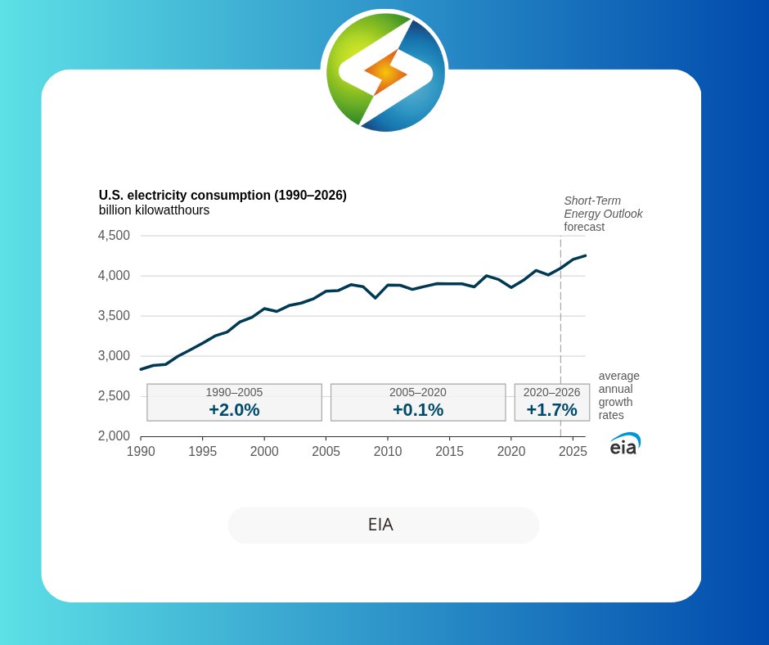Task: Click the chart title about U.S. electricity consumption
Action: (x=223, y=196)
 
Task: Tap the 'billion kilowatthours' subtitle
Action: (x=154, y=210)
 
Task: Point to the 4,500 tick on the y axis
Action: (x=114, y=236)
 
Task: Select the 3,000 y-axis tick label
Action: (x=114, y=356)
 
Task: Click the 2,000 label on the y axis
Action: (x=114, y=436)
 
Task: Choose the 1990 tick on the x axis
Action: (x=141, y=451)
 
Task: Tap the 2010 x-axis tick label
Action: (x=388, y=451)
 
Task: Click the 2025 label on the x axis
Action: (x=573, y=451)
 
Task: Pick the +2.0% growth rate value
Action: (x=234, y=410)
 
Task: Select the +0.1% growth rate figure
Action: (x=418, y=410)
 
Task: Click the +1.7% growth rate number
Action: (x=551, y=410)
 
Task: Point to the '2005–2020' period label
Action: (x=418, y=392)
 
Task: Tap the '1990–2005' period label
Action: (x=234, y=392)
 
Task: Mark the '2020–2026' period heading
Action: (x=551, y=392)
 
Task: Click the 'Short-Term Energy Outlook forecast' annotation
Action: (x=603, y=214)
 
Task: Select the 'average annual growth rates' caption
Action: (x=618, y=395)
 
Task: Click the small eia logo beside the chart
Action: (x=624, y=444)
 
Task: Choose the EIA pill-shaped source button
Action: (x=383, y=525)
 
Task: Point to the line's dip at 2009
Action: (x=376, y=298)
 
